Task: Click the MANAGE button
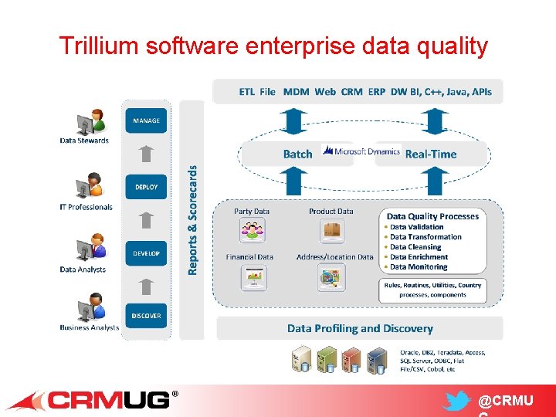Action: (146, 120)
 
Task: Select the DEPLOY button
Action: (146, 187)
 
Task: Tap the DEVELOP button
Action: (146, 253)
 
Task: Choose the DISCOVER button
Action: (146, 315)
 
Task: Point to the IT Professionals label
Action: (86, 207)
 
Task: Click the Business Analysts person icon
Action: (90, 308)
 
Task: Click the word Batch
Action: (297, 154)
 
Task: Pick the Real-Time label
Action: (431, 154)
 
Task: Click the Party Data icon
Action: (252, 230)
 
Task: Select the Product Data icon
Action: (331, 230)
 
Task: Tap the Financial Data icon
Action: (252, 276)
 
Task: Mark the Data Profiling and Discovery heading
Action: (360, 328)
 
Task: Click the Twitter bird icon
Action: (457, 402)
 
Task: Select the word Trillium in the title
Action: (93, 46)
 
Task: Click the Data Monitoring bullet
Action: (419, 267)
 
